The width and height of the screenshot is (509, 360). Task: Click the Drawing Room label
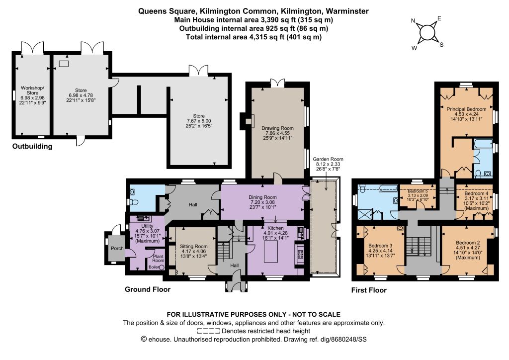[x=277, y=128]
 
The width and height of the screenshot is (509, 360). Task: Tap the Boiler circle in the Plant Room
[x=162, y=267]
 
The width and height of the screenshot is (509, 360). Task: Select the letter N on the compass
[x=413, y=21]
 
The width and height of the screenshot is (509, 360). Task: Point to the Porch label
[x=117, y=248]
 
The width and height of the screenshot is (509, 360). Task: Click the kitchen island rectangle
[x=271, y=251]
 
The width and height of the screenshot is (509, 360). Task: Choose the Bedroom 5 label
[x=418, y=191]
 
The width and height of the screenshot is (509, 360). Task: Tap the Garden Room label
[x=328, y=159]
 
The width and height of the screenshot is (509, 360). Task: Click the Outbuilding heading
[x=32, y=146]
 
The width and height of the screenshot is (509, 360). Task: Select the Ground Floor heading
[x=148, y=289]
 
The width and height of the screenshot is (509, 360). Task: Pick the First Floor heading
[x=369, y=290]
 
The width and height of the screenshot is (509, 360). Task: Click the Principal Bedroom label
[x=466, y=109]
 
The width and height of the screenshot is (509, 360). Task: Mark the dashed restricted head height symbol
[x=208, y=331]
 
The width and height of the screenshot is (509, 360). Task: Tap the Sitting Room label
[x=193, y=247]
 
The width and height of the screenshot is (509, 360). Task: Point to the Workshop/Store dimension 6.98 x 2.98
[x=32, y=98]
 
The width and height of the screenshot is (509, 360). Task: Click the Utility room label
[x=147, y=226]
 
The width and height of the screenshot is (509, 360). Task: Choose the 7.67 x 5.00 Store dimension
[x=199, y=121]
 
